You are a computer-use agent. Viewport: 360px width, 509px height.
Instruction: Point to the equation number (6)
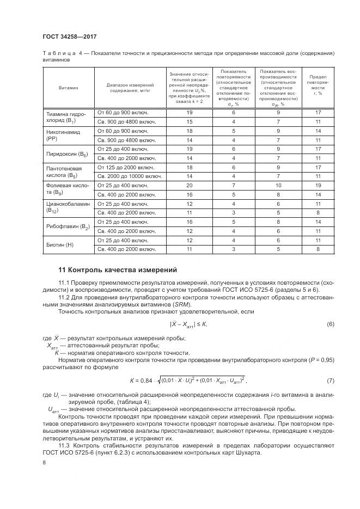coord(330,324)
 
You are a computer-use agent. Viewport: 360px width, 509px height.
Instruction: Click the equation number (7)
coord(330,379)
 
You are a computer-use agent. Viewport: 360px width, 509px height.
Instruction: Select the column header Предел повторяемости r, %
coord(318,85)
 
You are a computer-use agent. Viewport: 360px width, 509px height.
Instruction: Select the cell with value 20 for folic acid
coord(189,185)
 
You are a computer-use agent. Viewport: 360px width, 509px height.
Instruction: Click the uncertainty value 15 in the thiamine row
coord(189,121)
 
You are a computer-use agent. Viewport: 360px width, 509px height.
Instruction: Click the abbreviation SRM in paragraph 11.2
coord(177,305)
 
